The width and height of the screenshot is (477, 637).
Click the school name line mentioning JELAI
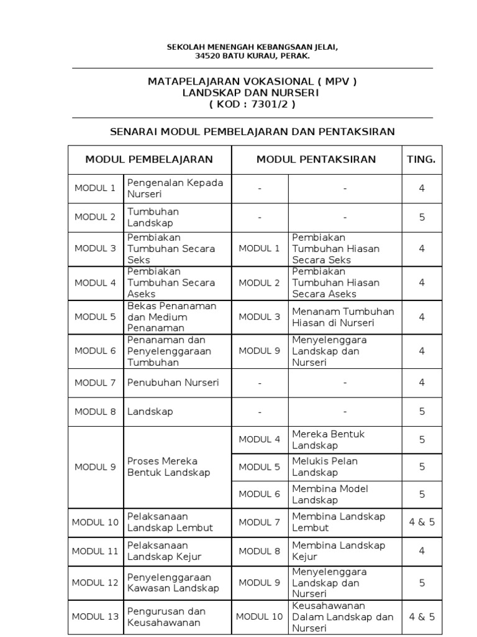(252, 47)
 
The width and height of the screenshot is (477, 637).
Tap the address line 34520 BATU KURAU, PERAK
(252, 56)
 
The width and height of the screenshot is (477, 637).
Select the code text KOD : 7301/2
(252, 104)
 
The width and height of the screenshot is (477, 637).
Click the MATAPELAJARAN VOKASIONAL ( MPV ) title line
(252, 81)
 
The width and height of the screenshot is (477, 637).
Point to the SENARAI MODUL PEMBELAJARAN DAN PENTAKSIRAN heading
(252, 131)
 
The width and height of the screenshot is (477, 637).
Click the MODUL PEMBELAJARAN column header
(149, 159)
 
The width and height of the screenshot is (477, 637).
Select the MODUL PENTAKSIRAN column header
(316, 159)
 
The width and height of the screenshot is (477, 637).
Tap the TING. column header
(421, 159)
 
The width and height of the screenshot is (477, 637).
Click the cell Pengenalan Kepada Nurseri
(175, 188)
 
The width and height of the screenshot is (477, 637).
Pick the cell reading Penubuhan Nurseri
(173, 383)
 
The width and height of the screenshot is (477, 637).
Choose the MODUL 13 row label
(95, 616)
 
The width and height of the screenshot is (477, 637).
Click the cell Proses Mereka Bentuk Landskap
(169, 467)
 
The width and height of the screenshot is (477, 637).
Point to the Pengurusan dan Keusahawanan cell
(166, 616)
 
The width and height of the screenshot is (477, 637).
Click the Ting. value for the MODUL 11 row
(422, 551)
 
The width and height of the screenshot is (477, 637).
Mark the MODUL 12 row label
(95, 582)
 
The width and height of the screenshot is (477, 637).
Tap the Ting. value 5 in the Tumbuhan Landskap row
(422, 217)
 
